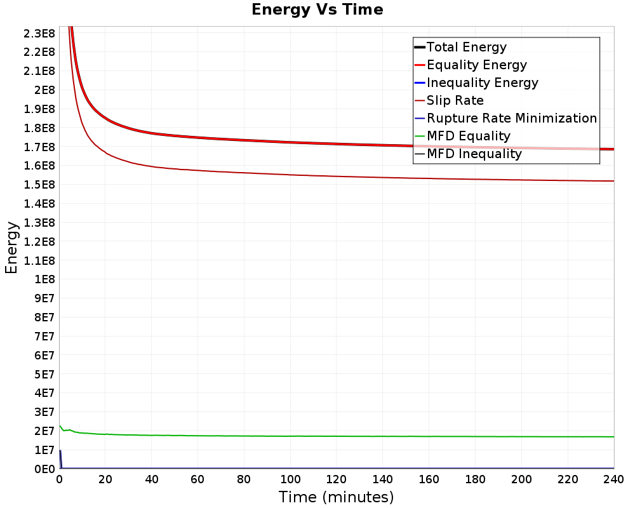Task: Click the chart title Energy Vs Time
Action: click(x=317, y=10)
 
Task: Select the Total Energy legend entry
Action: click(x=460, y=47)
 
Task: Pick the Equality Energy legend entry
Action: click(x=471, y=65)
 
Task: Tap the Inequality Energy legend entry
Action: click(x=477, y=83)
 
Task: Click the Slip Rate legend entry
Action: click(x=449, y=100)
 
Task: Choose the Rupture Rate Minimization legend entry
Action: click(x=506, y=118)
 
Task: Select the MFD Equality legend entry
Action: click(x=462, y=136)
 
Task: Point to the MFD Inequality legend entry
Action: click(x=468, y=154)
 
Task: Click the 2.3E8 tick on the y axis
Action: click(x=39, y=33)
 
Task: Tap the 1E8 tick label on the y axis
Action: click(x=44, y=279)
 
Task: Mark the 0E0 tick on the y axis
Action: click(x=44, y=469)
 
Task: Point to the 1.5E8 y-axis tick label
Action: click(x=39, y=185)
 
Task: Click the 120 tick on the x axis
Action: click(x=336, y=479)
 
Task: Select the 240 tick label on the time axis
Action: click(x=613, y=479)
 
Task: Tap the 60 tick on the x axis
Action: click(x=197, y=479)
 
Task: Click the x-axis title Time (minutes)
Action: click(x=336, y=497)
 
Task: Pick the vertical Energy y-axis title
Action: click(x=11, y=248)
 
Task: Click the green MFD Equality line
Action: click(x=336, y=436)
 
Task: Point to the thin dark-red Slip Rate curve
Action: click(x=336, y=177)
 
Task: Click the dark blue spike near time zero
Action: click(x=60, y=459)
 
